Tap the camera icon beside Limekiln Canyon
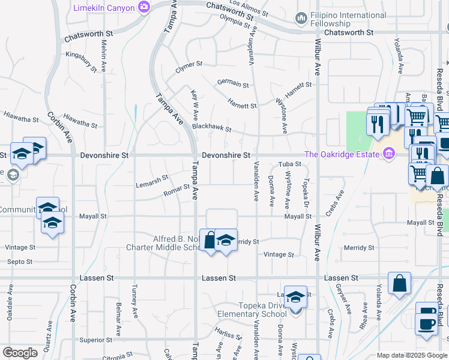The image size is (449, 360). coord(143,7)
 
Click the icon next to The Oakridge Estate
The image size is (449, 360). coord(389,154)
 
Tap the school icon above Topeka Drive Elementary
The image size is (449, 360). coord(295,297)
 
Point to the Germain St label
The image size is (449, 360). coord(233,84)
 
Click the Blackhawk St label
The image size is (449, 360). coord(211,127)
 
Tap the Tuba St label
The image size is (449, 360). coord(289,164)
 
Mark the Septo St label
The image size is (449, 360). coord(19,262)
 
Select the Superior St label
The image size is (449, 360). coord(92,340)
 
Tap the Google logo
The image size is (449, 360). coord(20,353)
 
